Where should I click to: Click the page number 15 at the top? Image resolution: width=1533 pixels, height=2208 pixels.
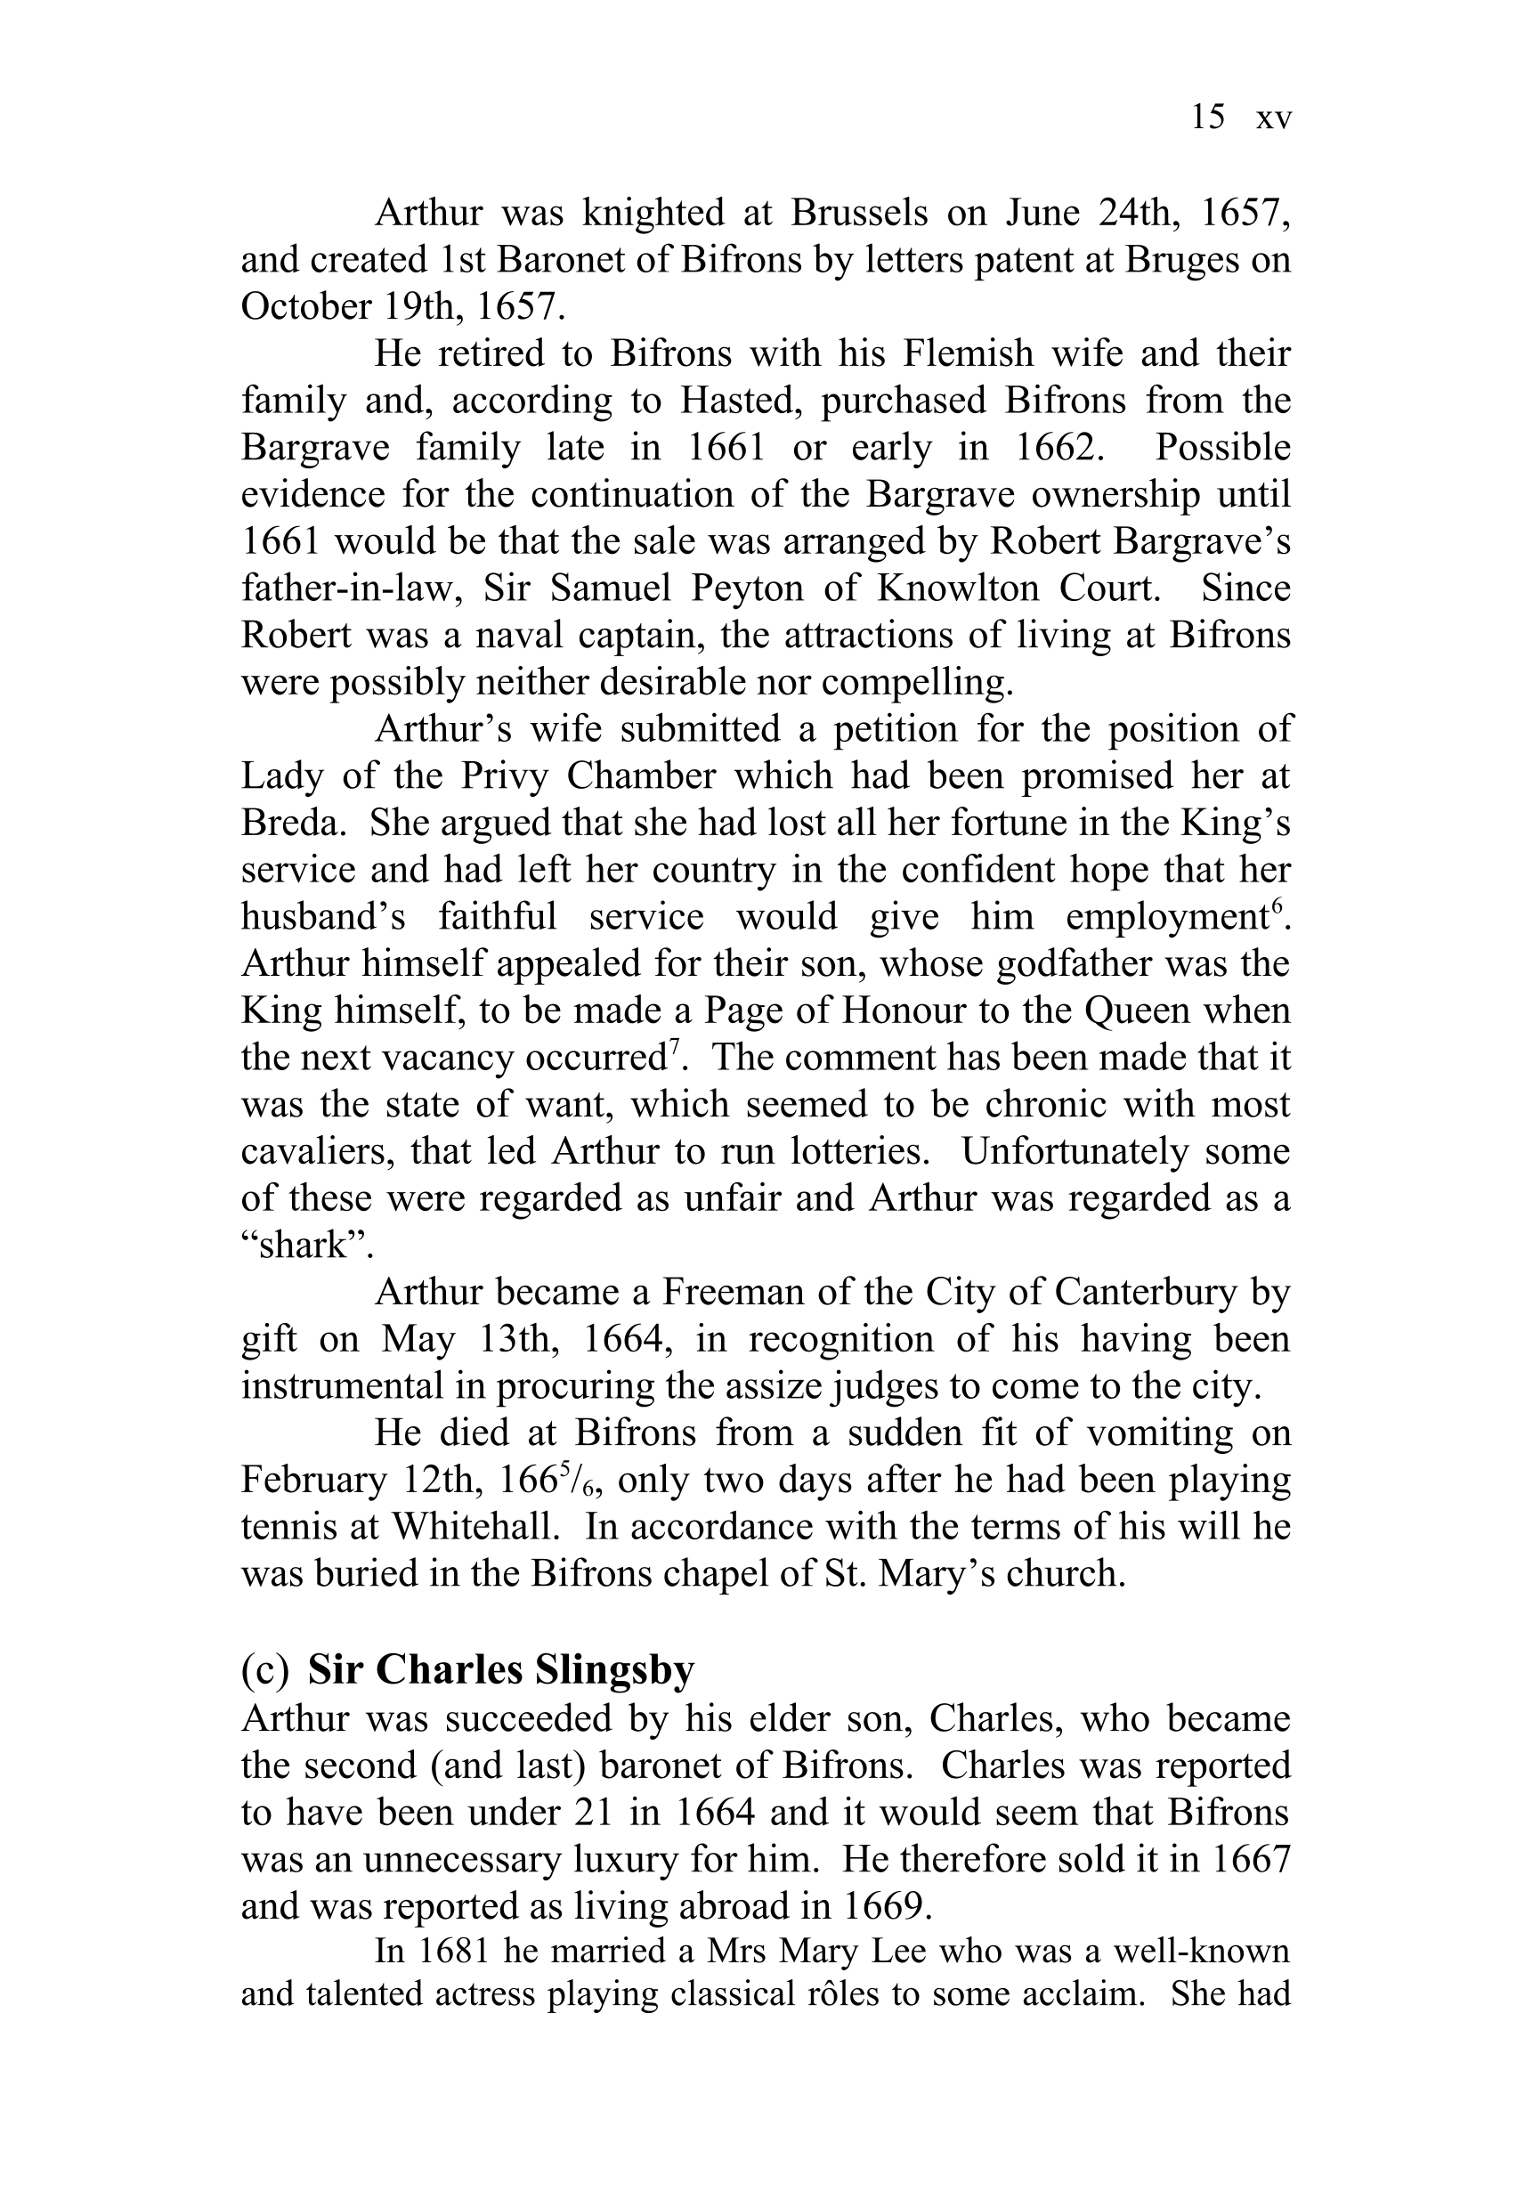(1207, 118)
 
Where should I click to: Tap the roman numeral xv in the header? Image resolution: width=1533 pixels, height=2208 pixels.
(1274, 119)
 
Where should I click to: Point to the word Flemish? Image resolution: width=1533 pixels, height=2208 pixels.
(967, 353)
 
